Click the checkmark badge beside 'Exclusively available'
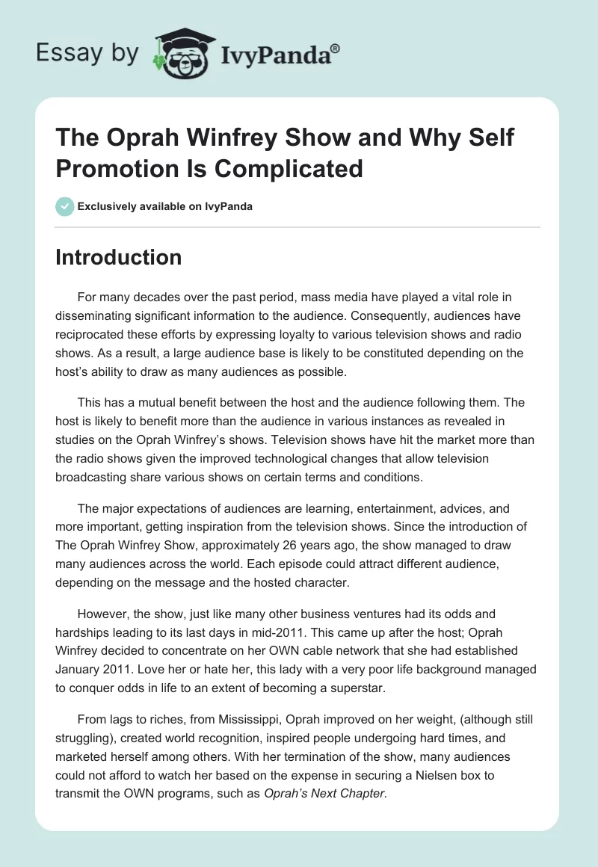65,206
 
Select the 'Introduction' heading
119,257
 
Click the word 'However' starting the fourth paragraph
99,614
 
